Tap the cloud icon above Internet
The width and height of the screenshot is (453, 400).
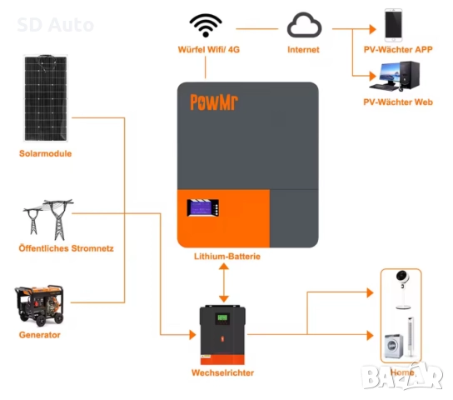tap(304, 27)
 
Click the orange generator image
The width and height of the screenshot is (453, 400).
tap(38, 307)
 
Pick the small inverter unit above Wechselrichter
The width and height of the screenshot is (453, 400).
tap(222, 334)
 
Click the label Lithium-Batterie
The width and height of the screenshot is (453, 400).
tap(226, 257)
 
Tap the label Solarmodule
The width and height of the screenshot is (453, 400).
tap(45, 154)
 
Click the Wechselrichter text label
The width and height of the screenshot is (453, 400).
tap(222, 372)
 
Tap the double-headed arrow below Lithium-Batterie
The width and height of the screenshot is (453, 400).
tap(223, 284)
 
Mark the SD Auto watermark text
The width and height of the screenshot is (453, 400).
tap(55, 25)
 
